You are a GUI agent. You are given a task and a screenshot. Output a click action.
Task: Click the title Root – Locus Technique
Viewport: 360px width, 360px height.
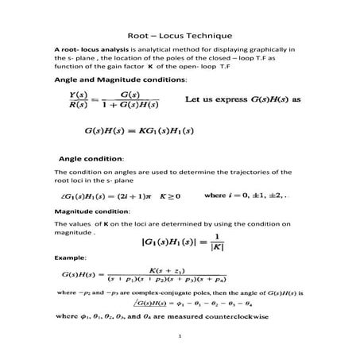180,36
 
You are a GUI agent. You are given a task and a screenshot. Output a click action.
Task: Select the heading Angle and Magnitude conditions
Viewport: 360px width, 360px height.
120,80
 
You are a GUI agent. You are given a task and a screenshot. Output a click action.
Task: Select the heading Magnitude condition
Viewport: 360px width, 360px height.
91,212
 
